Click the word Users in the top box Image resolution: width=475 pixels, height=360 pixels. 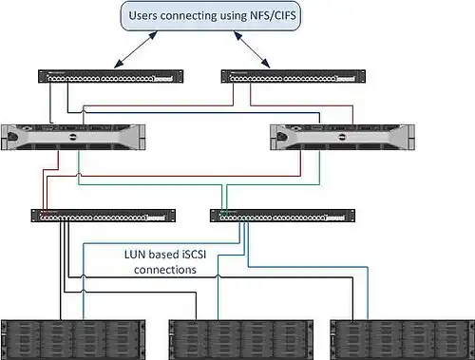[x=142, y=15]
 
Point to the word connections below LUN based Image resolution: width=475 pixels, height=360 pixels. [x=165, y=270]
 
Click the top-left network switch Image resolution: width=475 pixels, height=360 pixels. [x=111, y=76]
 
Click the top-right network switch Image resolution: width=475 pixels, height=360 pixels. [x=294, y=76]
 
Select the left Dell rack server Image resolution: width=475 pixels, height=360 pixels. [x=73, y=138]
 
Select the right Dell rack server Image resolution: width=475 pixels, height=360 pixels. [x=342, y=138]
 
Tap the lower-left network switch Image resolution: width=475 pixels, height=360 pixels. [x=104, y=216]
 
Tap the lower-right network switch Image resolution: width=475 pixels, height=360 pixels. [x=282, y=216]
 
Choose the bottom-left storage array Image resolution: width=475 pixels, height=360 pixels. [x=73, y=340]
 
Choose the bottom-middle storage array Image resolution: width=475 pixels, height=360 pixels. [x=241, y=340]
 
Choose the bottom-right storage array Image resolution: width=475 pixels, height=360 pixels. [x=403, y=340]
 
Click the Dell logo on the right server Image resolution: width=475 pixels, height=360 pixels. [x=342, y=137]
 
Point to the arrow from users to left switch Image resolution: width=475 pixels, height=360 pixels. [x=136, y=49]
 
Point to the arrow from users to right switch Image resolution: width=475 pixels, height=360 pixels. [x=252, y=49]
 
